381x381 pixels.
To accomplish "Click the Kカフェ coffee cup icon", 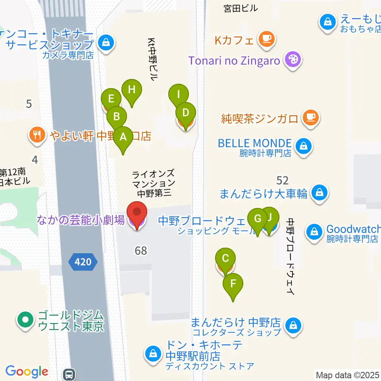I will (x=266, y=39).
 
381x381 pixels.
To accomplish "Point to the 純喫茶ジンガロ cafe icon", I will (x=310, y=118).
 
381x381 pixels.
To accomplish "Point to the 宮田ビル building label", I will (x=241, y=8).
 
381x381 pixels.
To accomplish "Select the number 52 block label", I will (x=282, y=181).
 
